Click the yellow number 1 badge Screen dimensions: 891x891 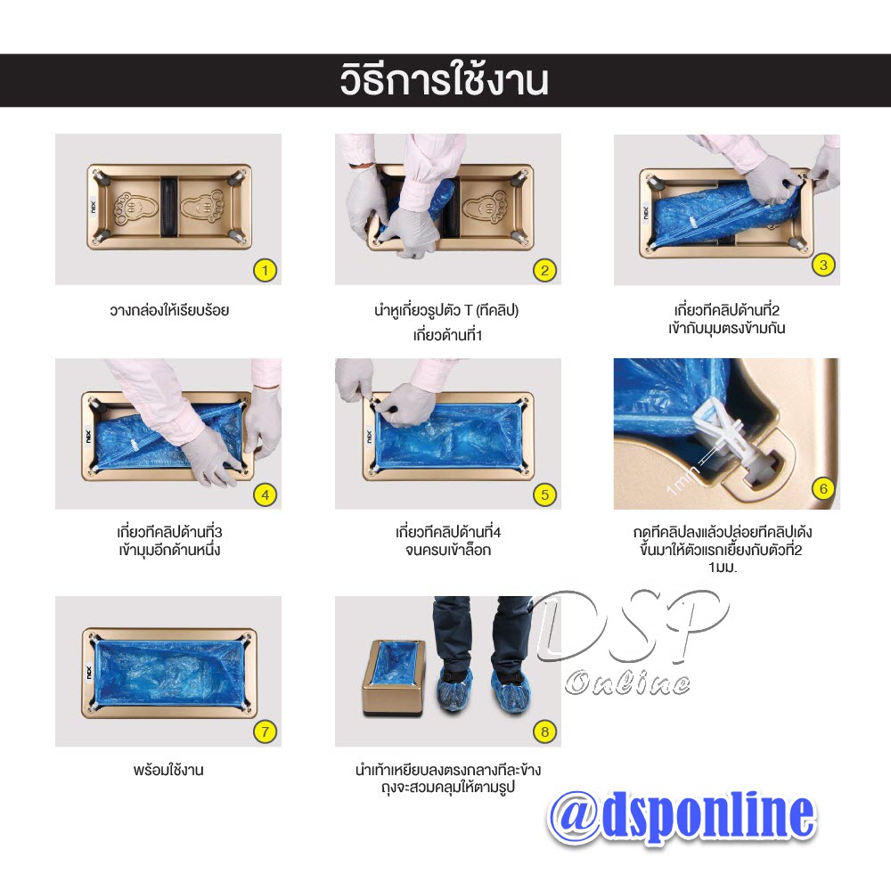(265, 269)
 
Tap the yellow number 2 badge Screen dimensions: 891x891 (544, 269)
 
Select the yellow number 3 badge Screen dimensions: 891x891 (823, 264)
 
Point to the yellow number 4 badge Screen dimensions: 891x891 (265, 494)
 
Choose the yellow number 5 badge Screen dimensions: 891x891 (544, 494)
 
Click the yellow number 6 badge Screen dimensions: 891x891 (823, 487)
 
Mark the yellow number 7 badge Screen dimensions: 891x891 (265, 732)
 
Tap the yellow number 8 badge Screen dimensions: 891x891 (544, 732)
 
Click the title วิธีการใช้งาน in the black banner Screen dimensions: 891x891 (444, 80)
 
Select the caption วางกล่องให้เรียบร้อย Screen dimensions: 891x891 (168, 311)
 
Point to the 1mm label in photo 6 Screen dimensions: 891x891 (683, 473)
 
